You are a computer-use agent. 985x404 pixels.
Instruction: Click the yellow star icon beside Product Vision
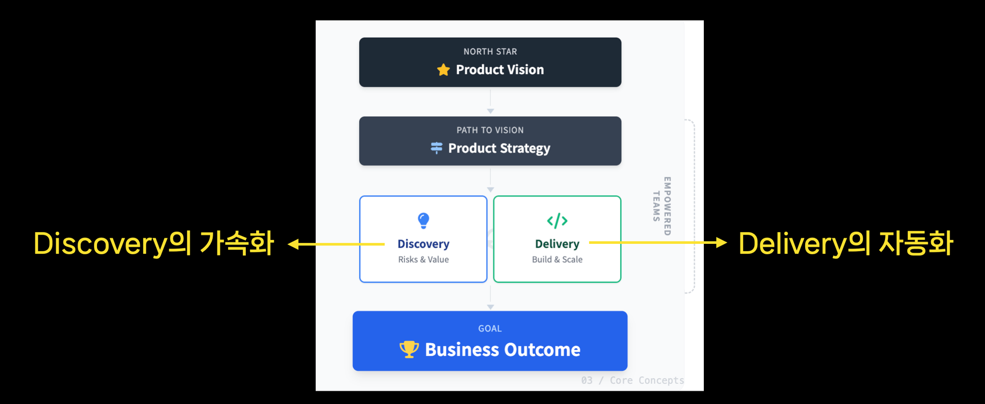coord(443,70)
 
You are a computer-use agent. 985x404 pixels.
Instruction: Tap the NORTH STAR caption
coord(490,52)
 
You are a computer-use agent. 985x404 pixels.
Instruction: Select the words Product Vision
coord(500,70)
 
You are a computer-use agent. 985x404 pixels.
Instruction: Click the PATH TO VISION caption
coord(490,131)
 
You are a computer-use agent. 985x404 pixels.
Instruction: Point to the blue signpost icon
coord(436,148)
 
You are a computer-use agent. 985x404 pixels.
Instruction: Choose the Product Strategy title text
coord(499,148)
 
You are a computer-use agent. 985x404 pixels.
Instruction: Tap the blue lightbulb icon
coord(424,220)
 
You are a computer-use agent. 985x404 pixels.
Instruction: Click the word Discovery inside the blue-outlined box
coord(424,244)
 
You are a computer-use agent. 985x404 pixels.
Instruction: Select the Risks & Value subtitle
coord(424,260)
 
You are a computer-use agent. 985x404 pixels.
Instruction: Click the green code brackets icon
coord(557,221)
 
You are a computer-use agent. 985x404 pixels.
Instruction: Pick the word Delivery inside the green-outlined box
coord(557,244)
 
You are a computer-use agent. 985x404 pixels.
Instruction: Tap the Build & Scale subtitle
coord(557,260)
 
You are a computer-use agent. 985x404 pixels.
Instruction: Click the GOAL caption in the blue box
coord(490,329)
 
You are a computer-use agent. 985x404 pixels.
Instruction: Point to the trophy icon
coord(409,349)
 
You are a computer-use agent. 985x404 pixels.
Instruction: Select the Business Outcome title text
coord(502,350)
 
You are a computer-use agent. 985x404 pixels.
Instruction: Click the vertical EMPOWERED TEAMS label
coord(662,206)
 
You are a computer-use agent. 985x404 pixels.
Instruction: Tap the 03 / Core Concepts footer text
coord(632,380)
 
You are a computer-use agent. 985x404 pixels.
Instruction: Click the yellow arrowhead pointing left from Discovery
coord(294,244)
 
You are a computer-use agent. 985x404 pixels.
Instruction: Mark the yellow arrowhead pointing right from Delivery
coord(721,242)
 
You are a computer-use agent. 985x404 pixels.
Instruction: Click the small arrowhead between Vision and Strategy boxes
coord(490,111)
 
